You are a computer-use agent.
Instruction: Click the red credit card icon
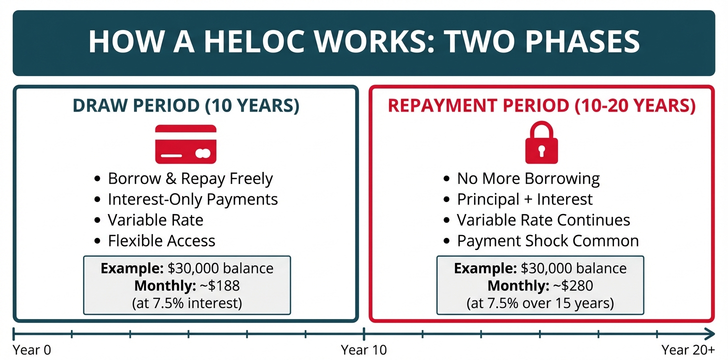[185, 144]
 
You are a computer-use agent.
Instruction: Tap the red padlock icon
[541, 142]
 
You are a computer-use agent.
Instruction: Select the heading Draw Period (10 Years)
[186, 105]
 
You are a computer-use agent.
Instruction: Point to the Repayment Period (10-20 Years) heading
[542, 105]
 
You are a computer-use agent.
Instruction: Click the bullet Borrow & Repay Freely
[190, 178]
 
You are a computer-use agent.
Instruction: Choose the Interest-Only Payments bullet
[192, 199]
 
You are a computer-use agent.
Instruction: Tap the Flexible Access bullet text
[161, 241]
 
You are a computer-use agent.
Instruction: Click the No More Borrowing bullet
[528, 178]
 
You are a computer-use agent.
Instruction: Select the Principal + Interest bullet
[524, 199]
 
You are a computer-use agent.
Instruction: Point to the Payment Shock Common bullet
[548, 241]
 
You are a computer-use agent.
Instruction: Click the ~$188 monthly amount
[219, 285]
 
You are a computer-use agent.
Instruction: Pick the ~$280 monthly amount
[573, 285]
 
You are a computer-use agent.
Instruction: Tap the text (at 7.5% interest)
[187, 303]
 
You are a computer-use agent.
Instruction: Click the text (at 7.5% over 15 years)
[540, 303]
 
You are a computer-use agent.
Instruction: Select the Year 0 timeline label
[32, 350]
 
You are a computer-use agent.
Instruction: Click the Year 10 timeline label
[363, 350]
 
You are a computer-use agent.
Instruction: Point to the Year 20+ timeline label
[688, 350]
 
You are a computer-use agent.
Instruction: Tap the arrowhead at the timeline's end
[711, 333]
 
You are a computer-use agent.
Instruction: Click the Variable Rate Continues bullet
[543, 220]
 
